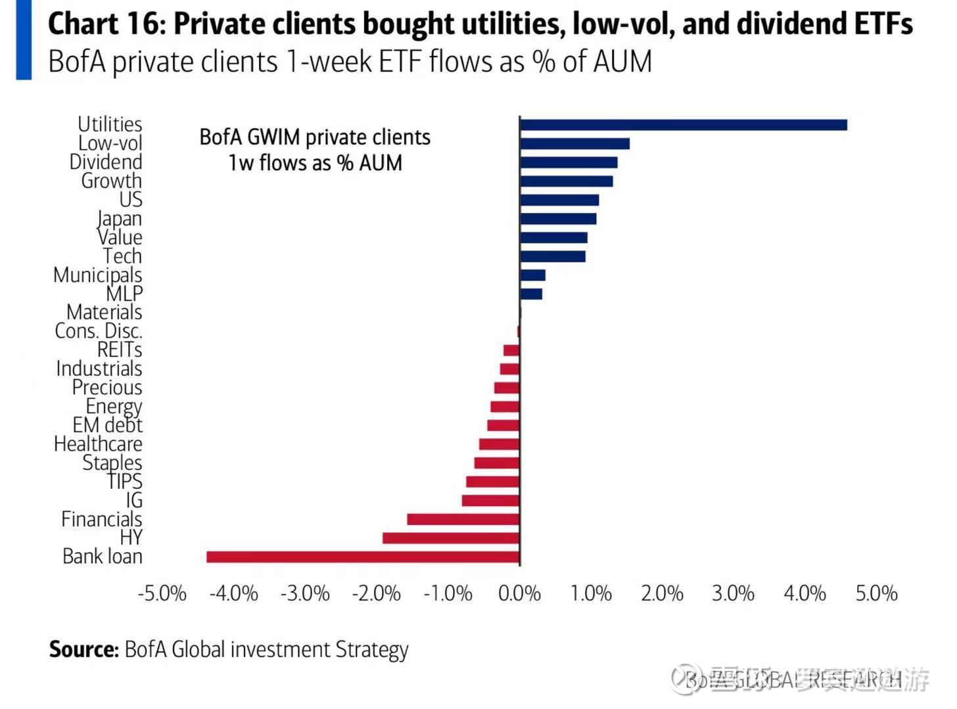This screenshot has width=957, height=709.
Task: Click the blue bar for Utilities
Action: [x=683, y=125]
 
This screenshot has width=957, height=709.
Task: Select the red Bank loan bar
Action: [x=363, y=557]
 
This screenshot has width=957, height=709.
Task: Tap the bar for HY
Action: [x=451, y=538]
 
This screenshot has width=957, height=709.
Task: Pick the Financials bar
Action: [x=463, y=519]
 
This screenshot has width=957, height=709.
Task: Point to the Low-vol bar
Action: [x=574, y=144]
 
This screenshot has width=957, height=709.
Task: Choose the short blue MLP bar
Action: [x=531, y=294]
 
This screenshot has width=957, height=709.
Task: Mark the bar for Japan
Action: [x=558, y=219]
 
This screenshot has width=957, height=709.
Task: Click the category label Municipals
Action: [x=97, y=275]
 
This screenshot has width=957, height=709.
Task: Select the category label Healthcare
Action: [x=98, y=444]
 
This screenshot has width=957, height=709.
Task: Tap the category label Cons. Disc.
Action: [x=99, y=331]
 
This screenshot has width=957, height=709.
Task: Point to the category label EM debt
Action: [x=107, y=425]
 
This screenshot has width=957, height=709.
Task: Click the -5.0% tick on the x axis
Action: [x=162, y=593]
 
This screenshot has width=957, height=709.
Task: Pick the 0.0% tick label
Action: [x=519, y=593]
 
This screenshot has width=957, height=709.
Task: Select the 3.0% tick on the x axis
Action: [x=733, y=593]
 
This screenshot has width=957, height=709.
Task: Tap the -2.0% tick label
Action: [x=376, y=593]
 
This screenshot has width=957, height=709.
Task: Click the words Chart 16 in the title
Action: [x=104, y=24]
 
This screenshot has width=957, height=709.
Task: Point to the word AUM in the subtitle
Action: [x=622, y=62]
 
